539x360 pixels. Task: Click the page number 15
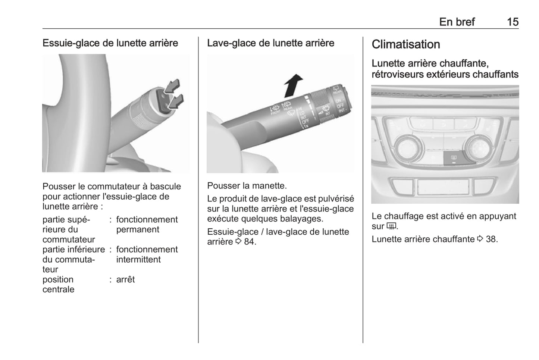[x=512, y=22]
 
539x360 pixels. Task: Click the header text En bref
[x=457, y=22]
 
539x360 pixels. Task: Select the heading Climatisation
[x=405, y=44]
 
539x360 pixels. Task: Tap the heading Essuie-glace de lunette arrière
[x=110, y=43]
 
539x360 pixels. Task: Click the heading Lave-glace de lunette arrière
[x=270, y=43]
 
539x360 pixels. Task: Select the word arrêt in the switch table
[x=125, y=279]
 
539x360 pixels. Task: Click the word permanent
[x=138, y=230]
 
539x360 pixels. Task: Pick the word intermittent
[x=138, y=260]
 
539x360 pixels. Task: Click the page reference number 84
[x=250, y=242]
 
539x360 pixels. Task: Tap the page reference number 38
[x=491, y=239]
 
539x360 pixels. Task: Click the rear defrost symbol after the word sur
[x=391, y=226]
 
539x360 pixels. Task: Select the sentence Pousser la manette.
[x=247, y=185]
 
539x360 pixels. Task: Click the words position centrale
[x=58, y=284]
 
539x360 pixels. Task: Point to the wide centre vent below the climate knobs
[x=443, y=187]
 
